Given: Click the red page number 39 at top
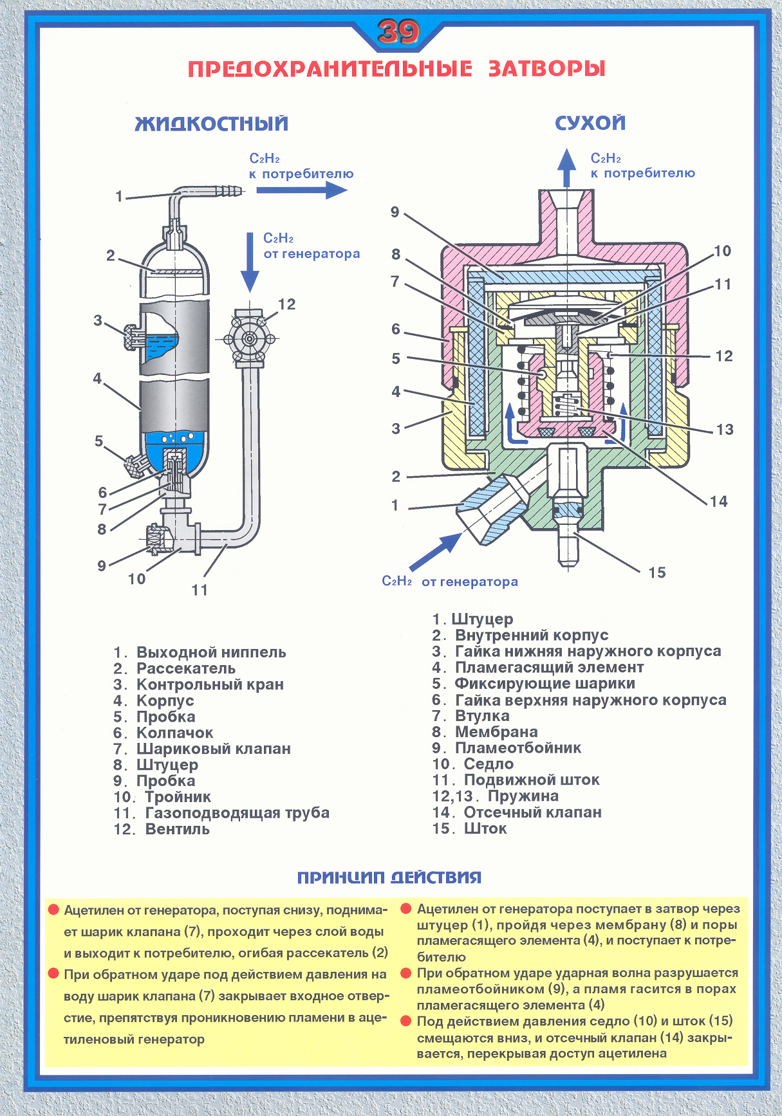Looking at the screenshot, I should pyautogui.click(x=398, y=32).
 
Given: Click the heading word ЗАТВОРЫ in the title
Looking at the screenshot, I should pyautogui.click(x=546, y=68).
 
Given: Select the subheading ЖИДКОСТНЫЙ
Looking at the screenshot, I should pyautogui.click(x=212, y=123).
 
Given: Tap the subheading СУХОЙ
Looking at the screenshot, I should pyautogui.click(x=590, y=123).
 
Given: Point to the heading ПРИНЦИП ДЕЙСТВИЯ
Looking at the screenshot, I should pyautogui.click(x=389, y=877).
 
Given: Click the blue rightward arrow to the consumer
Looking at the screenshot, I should pyautogui.click(x=301, y=190).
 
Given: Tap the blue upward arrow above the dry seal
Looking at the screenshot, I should pyautogui.click(x=566, y=167).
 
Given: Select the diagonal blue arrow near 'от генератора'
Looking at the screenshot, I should pyautogui.click(x=434, y=551).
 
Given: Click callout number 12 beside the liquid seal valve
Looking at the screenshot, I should pyautogui.click(x=286, y=304).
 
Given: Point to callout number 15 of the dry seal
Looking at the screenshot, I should pyautogui.click(x=656, y=572).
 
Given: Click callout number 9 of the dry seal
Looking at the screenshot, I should pyautogui.click(x=395, y=212).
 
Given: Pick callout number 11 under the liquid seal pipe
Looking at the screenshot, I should pyautogui.click(x=200, y=589).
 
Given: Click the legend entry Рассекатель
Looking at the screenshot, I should pyautogui.click(x=185, y=668).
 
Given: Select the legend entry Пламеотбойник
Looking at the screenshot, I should pyautogui.click(x=517, y=748).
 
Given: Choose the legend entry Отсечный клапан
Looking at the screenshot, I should pyautogui.click(x=532, y=812).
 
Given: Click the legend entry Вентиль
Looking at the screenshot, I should pyautogui.click(x=177, y=829).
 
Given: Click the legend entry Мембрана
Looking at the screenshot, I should pyautogui.click(x=496, y=732).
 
